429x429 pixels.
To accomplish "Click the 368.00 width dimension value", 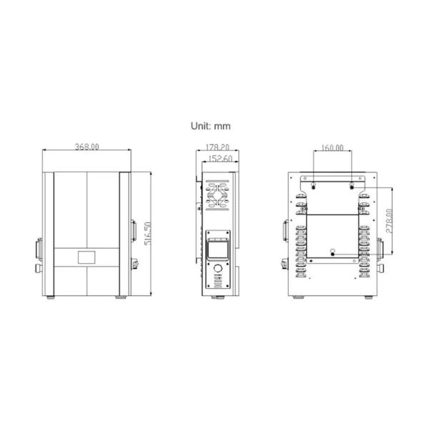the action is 87,147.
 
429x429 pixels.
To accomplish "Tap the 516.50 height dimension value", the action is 147,234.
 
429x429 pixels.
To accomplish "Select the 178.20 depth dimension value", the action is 217,147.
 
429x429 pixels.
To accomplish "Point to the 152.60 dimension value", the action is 220,159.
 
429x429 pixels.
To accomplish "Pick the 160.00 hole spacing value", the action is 332,148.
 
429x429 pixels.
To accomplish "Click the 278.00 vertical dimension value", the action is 389,221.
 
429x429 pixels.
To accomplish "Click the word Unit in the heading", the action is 200,126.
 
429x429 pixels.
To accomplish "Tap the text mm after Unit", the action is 222,127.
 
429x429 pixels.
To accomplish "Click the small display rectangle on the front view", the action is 87,257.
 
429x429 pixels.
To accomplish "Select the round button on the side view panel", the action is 217,268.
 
